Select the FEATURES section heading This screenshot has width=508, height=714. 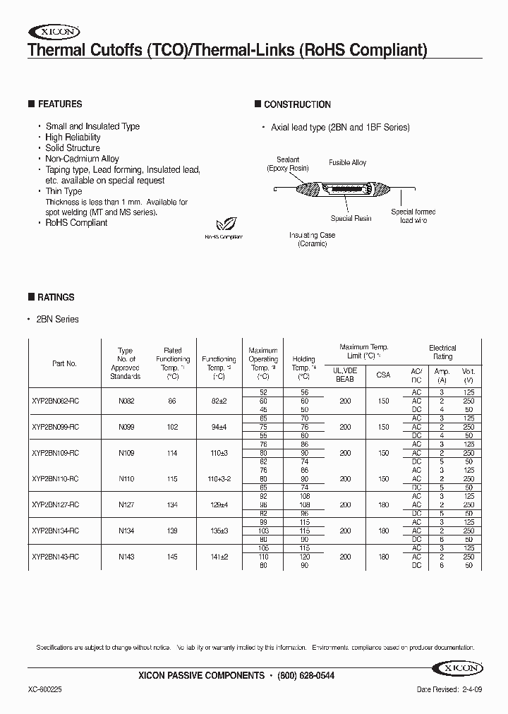[59, 104]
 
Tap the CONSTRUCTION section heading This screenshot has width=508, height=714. [297, 104]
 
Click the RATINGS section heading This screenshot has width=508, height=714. [55, 298]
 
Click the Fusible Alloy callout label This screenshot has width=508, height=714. [347, 163]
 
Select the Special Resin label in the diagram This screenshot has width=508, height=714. [351, 219]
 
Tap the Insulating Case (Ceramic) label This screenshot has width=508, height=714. [312, 239]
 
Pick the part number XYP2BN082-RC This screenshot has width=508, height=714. [55, 401]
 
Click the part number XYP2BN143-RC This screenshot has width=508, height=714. [55, 557]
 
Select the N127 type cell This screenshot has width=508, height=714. [126, 505]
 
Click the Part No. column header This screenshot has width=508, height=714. [64, 364]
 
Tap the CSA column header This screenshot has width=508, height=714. [382, 375]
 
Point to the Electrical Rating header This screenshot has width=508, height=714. [442, 352]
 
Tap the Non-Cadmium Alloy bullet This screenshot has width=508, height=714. [82, 159]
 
